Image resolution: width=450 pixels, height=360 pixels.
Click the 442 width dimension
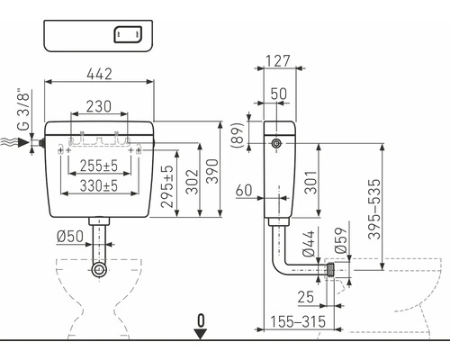point(99,74)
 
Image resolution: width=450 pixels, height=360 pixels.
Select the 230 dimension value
point(99,106)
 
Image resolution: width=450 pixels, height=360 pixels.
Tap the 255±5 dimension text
point(99,166)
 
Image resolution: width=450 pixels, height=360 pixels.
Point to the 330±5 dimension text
point(99,186)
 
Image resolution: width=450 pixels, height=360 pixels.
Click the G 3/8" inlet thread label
point(23,109)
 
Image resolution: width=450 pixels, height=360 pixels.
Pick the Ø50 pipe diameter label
point(70,237)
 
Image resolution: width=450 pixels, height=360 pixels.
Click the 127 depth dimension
point(278,61)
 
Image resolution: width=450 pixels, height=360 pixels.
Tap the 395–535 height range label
point(374,209)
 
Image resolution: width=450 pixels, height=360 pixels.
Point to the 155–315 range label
point(298,321)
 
